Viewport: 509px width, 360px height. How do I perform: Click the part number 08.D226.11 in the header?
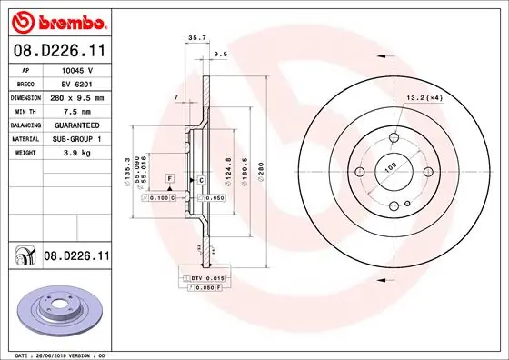coord(58,50)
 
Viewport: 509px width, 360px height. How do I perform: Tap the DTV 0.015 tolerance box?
coord(207,276)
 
